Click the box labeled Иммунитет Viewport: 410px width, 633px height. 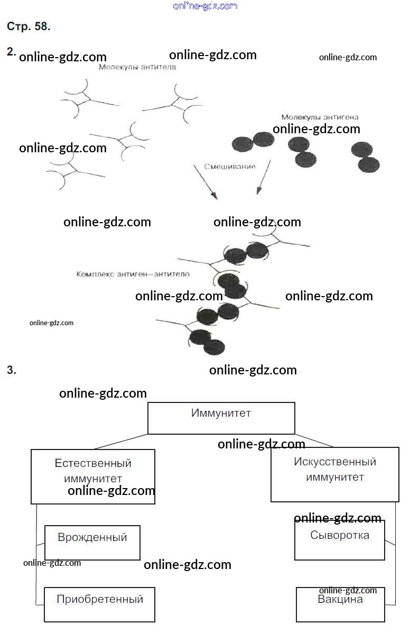[221, 418]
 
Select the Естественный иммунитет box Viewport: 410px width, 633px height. [93, 476]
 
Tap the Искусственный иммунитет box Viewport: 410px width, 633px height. [334, 474]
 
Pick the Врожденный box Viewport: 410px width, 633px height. [92, 543]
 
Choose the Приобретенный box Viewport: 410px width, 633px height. [99, 604]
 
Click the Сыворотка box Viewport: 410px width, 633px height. [339, 540]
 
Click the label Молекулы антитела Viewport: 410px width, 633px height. [137, 67]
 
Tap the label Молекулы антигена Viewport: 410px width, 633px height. [320, 117]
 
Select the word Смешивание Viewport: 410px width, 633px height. [230, 167]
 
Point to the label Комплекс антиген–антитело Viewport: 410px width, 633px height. [133, 274]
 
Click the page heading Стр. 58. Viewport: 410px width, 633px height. [29, 26]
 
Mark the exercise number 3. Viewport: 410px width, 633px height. [12, 370]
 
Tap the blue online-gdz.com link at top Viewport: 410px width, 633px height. [205, 6]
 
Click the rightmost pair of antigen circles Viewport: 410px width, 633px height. [366, 158]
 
